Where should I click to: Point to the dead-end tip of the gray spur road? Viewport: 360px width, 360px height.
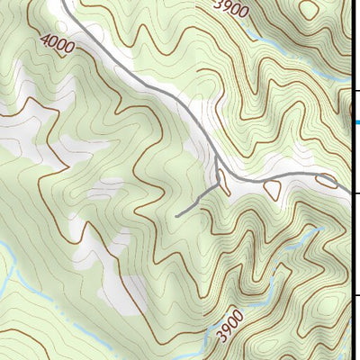click(177, 216)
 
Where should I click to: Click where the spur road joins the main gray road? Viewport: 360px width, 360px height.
click(219, 185)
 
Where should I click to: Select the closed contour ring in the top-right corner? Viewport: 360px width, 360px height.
click(308, 9)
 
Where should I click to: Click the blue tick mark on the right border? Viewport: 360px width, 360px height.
click(355, 122)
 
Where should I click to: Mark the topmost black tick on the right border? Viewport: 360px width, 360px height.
click(355, 90)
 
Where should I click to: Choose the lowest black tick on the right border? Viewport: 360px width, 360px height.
click(355, 295)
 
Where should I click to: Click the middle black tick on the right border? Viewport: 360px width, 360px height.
click(355, 193)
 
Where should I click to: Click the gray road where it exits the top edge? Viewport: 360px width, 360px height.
click(65, 3)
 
